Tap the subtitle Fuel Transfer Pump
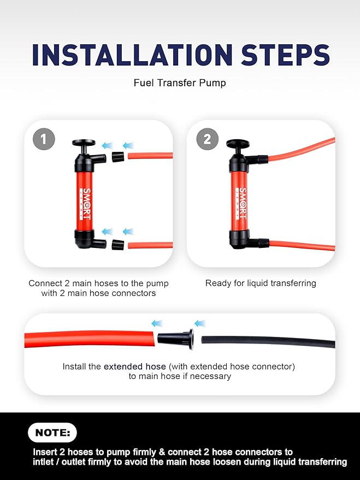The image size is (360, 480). click(180, 84)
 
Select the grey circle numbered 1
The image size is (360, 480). click(44, 139)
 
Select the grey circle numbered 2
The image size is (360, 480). click(206, 139)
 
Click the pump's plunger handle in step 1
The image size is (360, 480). click(84, 144)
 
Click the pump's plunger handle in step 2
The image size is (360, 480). click(238, 145)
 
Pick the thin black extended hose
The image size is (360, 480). click(268, 341)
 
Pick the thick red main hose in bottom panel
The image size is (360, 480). click(87, 339)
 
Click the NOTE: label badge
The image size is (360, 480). click(52, 433)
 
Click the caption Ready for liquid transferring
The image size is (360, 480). click(261, 283)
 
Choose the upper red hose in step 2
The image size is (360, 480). click(300, 150)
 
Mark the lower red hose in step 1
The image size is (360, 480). click(150, 245)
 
